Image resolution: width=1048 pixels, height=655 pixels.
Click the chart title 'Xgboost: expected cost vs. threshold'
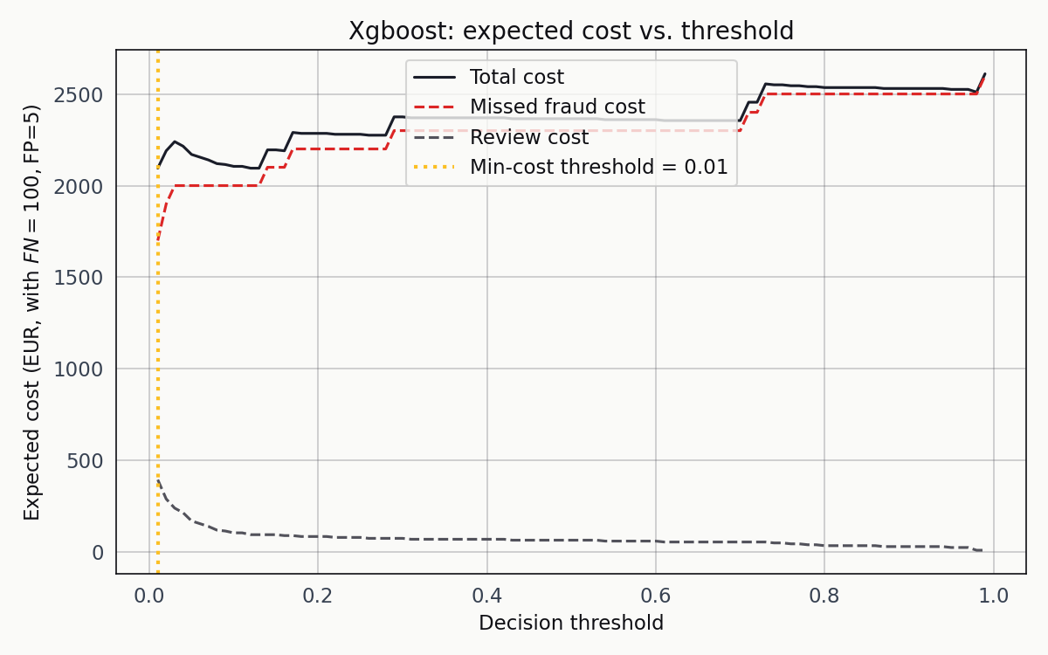571,31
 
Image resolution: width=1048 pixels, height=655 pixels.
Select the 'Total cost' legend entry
516,77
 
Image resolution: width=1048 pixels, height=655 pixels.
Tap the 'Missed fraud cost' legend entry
556,107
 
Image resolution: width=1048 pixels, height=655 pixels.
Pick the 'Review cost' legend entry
528,137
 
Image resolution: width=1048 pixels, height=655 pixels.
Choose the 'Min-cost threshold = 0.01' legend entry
598,167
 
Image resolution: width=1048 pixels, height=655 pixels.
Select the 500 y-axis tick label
86,460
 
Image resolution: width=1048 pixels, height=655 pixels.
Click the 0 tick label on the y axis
97,552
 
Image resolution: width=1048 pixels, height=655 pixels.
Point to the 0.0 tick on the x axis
149,596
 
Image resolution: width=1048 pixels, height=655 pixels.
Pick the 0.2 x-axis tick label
318,596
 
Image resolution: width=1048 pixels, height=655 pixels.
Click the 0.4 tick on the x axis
487,596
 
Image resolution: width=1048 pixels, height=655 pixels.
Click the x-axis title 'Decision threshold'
571,623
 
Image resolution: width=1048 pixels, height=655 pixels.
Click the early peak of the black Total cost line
175,141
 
